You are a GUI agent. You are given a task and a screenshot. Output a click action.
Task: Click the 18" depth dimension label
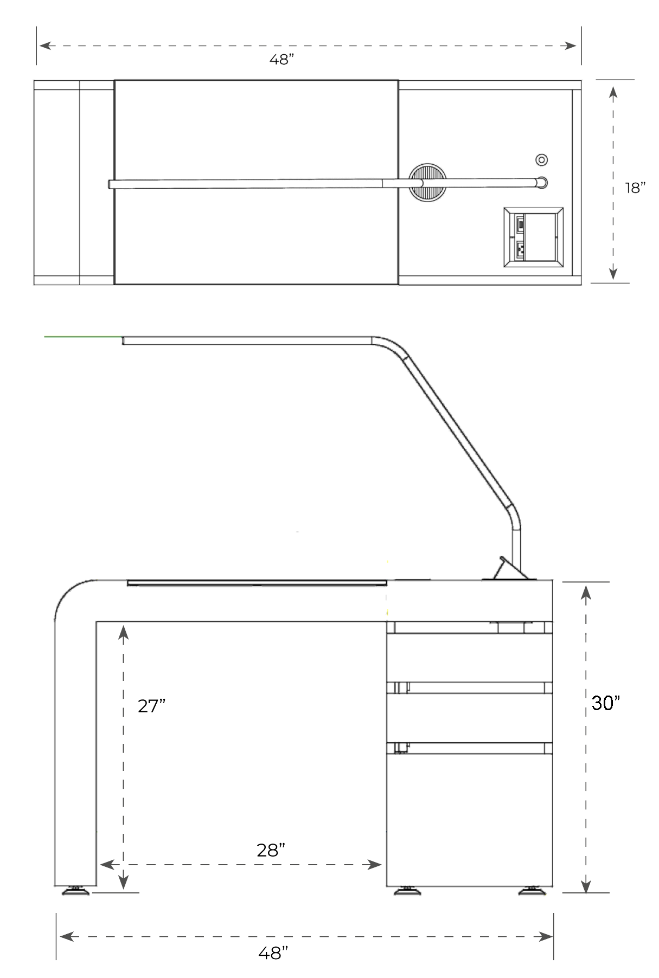[635, 188]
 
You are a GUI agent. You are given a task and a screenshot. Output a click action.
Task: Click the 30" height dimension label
[605, 703]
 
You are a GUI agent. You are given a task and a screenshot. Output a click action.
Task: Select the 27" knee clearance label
[151, 706]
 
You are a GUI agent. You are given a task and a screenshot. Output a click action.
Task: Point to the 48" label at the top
[281, 60]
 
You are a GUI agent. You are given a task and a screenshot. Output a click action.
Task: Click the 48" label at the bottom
[273, 953]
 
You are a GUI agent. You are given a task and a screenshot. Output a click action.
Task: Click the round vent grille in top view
[428, 183]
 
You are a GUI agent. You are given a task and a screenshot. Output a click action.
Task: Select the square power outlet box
[534, 237]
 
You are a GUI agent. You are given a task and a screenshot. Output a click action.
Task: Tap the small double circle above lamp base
[541, 160]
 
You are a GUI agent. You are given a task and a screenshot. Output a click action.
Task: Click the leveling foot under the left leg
[75, 890]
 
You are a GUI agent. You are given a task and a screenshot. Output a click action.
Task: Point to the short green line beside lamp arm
[81, 337]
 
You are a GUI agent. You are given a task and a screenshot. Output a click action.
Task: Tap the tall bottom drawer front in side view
[469, 819]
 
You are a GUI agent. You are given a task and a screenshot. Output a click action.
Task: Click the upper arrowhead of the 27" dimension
[124, 632]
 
